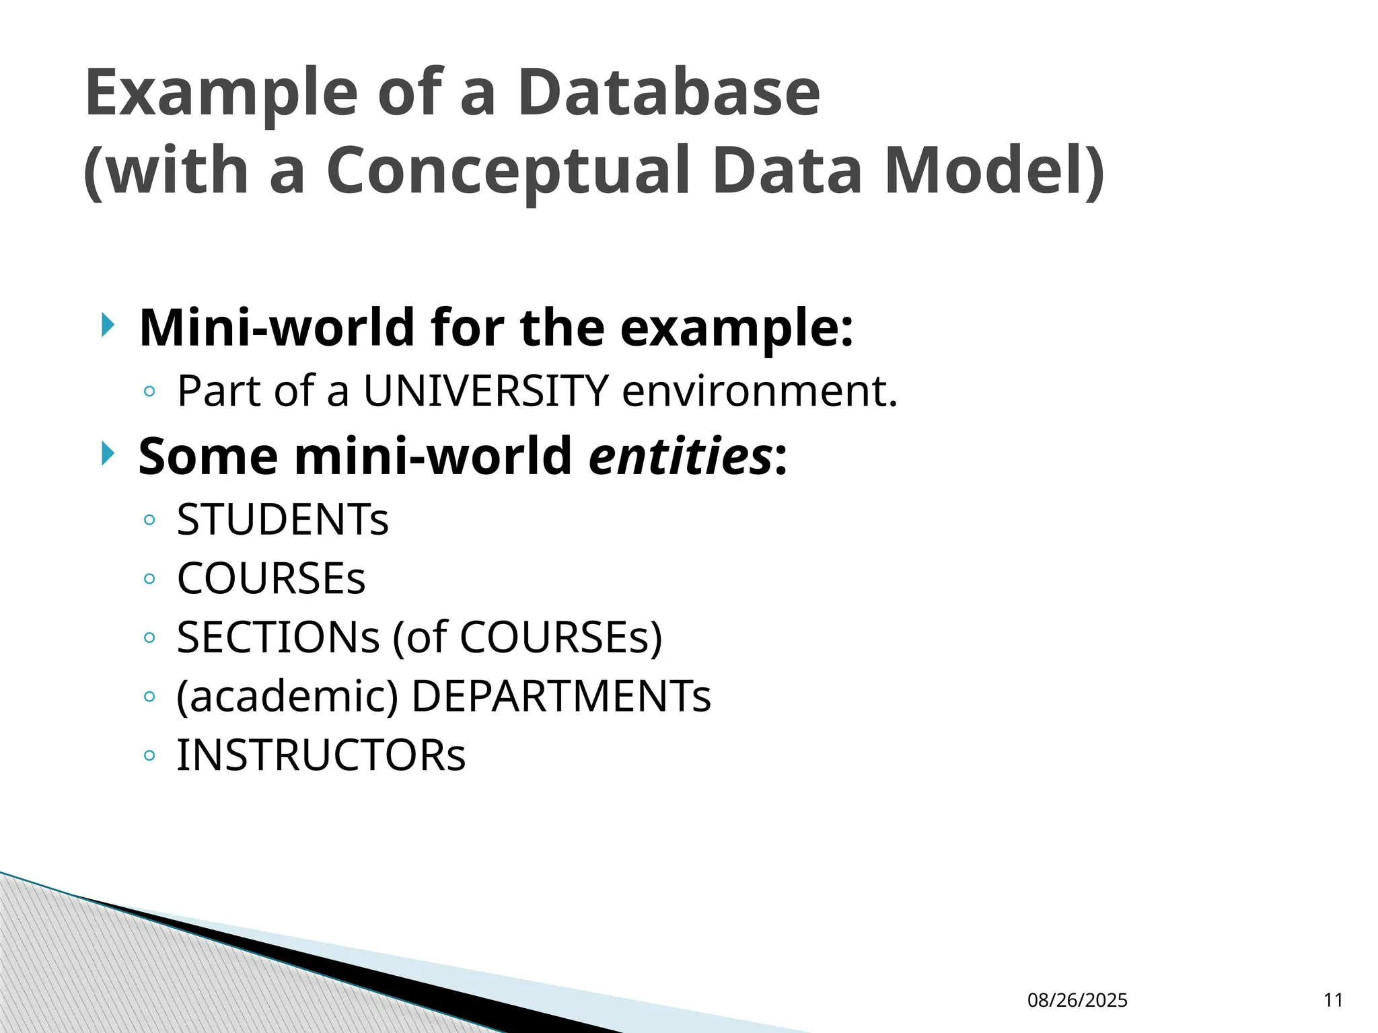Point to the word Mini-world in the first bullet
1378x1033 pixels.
click(277, 328)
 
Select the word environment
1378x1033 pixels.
click(760, 391)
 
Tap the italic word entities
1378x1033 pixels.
click(680, 456)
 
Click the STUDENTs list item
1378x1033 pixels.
click(283, 520)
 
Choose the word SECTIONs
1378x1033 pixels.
click(278, 637)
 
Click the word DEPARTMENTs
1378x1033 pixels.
click(560, 696)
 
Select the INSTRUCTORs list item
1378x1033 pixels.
click(321, 755)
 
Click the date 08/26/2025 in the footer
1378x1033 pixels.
click(1077, 1000)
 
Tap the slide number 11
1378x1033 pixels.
click(1333, 1000)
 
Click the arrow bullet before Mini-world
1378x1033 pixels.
click(108, 326)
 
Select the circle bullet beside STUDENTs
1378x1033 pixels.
click(149, 520)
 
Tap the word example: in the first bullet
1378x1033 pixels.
click(736, 329)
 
